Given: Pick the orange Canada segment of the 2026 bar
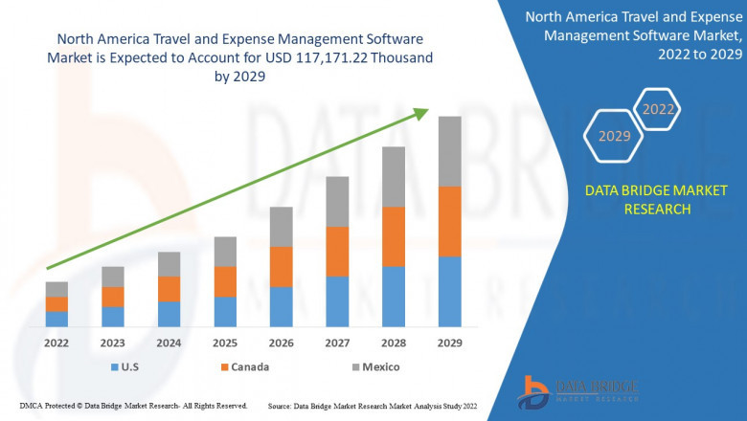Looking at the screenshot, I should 281,266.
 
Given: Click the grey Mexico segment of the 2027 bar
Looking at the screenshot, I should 337,201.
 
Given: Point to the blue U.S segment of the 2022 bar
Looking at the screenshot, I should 57,319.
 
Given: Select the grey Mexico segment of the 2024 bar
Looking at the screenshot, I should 169,264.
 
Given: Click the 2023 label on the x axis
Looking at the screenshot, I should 112,343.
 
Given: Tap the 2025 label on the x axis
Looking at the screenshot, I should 224,343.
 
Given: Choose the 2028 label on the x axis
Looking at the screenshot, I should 394,343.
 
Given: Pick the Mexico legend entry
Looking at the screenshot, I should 373,366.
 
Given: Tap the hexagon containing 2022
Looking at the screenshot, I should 658,109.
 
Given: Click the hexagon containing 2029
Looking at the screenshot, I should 614,137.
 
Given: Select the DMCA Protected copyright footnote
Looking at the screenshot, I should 133,407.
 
